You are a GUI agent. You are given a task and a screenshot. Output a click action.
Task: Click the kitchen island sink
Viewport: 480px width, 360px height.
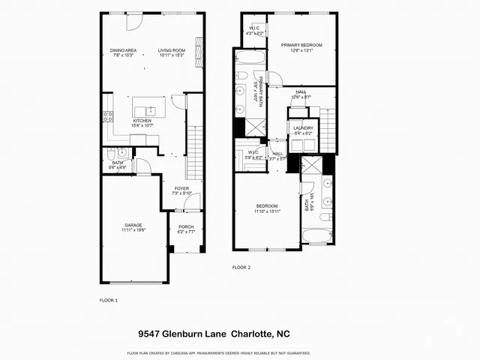pos(148,111)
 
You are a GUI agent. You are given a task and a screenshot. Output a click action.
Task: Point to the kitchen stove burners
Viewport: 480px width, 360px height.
pos(107,116)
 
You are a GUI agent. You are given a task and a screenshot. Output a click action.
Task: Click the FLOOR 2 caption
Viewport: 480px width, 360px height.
pos(241,267)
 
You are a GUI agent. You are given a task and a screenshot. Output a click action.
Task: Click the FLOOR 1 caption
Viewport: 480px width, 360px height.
pos(109,300)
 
